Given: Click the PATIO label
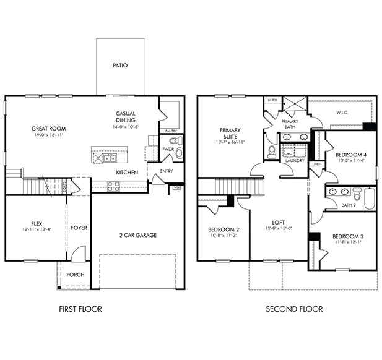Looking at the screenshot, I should coord(120,64).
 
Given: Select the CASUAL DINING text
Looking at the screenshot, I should coord(125,117).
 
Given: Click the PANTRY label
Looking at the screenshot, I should coord(173,131).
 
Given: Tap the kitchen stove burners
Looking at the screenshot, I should coord(113,185).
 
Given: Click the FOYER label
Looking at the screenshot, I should coord(79,228).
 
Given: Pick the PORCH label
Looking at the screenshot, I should coord(76,275).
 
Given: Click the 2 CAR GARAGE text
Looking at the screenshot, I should coord(137,235).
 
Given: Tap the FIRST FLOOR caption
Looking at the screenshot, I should coord(80,309).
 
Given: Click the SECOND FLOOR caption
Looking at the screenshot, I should coord(293,309).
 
